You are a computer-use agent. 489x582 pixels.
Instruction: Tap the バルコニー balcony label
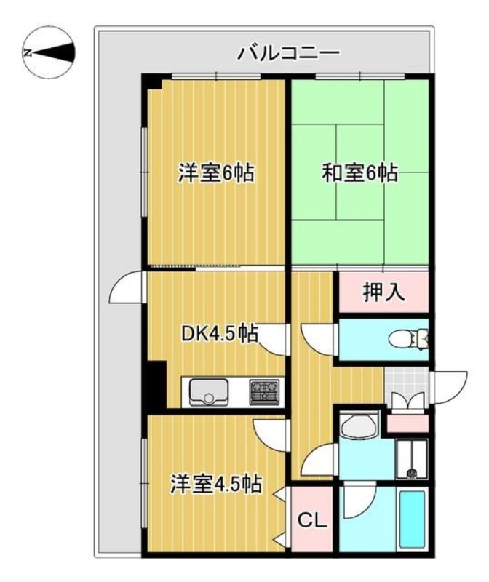(x=289, y=53)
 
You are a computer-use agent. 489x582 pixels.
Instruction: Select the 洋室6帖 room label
(x=216, y=174)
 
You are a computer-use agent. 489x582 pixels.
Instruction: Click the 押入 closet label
(x=383, y=293)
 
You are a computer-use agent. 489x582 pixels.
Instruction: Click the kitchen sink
(x=209, y=391)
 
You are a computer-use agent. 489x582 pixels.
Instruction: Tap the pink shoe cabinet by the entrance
(x=407, y=421)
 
